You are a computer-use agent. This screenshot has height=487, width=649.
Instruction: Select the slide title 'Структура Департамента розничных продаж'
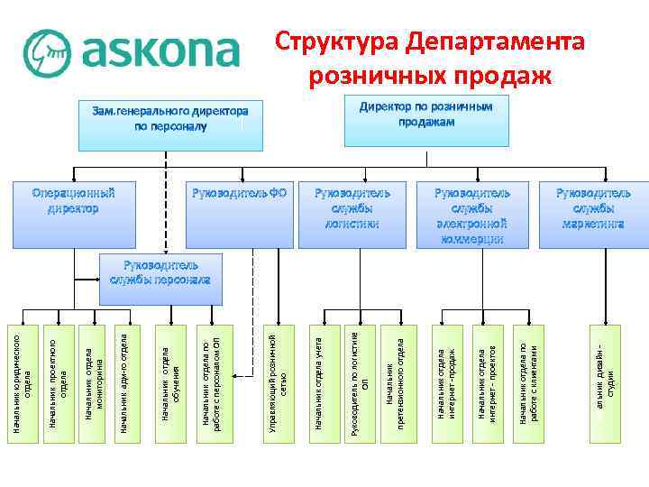coord(431,59)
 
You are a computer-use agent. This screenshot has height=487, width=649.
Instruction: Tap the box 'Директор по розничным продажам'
coord(426,121)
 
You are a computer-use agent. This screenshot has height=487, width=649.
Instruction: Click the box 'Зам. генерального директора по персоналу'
coord(170,124)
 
